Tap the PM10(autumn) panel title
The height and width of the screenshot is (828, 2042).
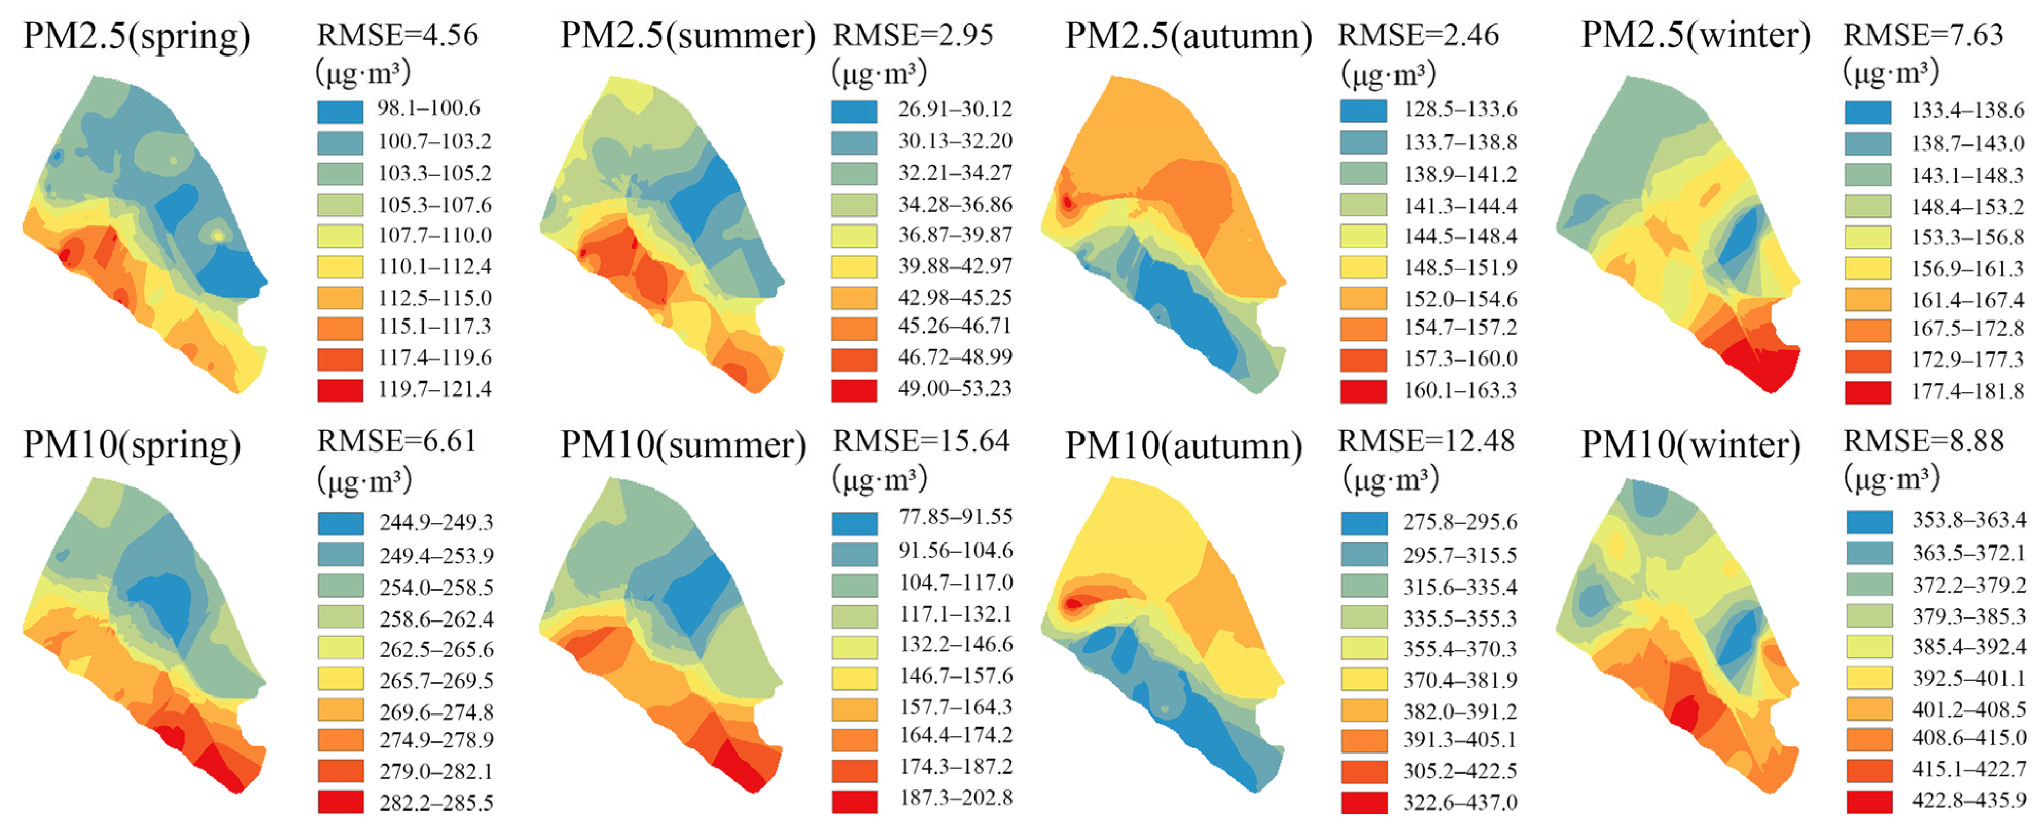(1183, 446)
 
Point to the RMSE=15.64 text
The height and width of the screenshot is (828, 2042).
(921, 441)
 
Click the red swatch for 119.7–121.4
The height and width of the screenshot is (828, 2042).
(340, 390)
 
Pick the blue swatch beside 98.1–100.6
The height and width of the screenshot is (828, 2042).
(340, 110)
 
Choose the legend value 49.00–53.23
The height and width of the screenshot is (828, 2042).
(954, 388)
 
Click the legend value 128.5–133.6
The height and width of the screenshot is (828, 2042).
(1460, 108)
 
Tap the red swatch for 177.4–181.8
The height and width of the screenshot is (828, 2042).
(1868, 391)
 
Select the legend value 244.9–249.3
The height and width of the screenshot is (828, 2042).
(436, 522)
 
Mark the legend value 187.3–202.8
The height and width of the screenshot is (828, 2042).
(955, 798)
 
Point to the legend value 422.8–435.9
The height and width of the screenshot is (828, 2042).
(1969, 800)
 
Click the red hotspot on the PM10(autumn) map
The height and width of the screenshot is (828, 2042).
(1073, 604)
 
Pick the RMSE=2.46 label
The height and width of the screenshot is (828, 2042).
(1418, 35)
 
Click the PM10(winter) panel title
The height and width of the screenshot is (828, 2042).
(1690, 445)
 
